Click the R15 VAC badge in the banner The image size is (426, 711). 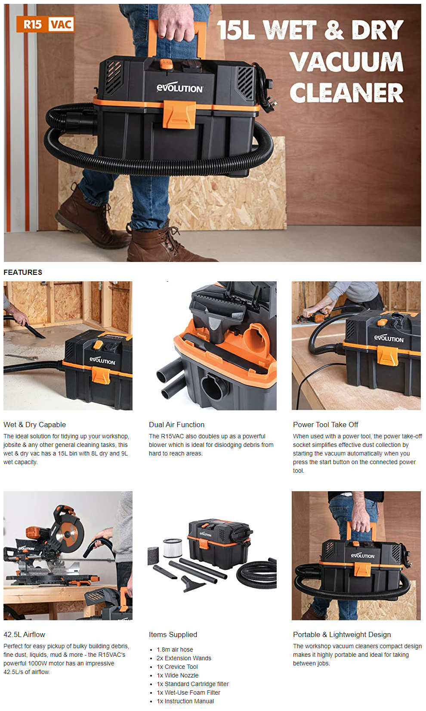(45, 24)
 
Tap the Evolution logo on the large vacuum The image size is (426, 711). (180, 88)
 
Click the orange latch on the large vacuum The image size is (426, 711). (179, 114)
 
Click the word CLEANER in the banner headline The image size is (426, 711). (347, 92)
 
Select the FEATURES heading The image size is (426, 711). (23, 272)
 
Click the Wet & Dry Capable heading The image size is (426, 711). (34, 425)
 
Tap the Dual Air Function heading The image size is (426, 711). (176, 425)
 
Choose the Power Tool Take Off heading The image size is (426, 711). (325, 425)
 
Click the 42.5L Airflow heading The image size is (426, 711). (24, 634)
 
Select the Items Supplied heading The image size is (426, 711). (173, 634)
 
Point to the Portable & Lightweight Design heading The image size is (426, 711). (342, 634)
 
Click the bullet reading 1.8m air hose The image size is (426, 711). (175, 649)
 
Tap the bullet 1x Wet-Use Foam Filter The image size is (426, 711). (188, 692)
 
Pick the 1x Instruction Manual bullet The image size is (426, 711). (185, 701)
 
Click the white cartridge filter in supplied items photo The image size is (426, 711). (173, 548)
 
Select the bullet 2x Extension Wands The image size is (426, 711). (184, 658)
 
